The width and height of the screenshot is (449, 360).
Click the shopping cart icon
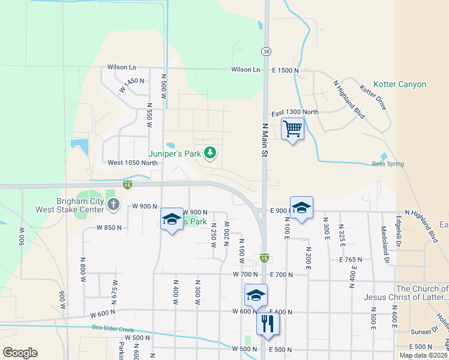(292, 128)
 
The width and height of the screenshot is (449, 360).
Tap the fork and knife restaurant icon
(268, 324)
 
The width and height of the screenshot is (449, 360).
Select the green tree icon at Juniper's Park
(209, 154)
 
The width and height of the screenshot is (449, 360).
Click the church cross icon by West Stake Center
(113, 206)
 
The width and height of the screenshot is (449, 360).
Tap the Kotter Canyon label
(399, 85)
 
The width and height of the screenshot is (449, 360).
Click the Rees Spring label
(388, 164)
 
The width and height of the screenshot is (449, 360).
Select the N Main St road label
(264, 140)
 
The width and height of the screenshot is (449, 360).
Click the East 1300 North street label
(295, 112)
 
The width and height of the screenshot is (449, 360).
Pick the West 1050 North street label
(133, 163)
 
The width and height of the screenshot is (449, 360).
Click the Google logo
(20, 352)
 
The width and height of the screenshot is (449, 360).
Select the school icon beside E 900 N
(301, 208)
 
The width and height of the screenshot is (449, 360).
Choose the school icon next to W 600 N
(256, 296)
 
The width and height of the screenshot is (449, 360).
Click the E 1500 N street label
(286, 70)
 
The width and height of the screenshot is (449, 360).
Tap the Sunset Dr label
(425, 331)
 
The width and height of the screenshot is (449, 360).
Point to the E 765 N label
(351, 260)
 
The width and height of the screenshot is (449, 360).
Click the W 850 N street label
(109, 228)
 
